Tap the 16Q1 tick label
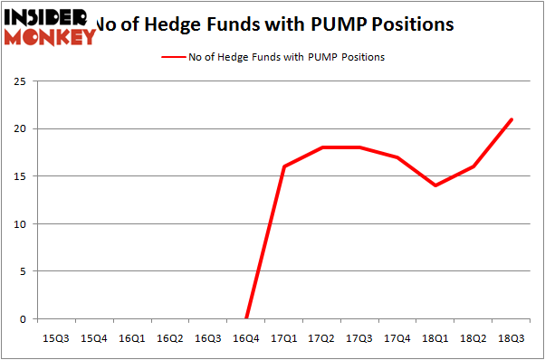132,338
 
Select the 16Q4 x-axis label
246,338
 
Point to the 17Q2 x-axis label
322,338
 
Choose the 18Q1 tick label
436,338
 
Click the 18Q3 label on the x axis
512,338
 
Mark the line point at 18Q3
512,119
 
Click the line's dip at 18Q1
436,185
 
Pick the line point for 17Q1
284,166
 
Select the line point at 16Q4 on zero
246,318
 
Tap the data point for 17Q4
398,157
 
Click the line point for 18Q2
474,166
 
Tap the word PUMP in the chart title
330,24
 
